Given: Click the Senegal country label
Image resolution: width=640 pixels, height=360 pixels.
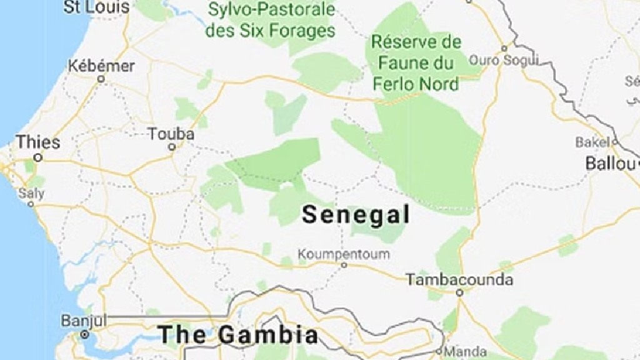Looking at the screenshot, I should (356, 215).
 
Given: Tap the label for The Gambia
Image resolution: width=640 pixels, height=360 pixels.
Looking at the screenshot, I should (237, 334).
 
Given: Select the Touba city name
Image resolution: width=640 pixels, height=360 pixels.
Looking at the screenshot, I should (171, 134).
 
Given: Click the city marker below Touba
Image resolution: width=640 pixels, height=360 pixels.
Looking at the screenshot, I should (172, 147).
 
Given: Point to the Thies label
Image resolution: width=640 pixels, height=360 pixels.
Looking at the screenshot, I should (38, 141).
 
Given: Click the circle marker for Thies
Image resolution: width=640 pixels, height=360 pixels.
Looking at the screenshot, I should (37, 158).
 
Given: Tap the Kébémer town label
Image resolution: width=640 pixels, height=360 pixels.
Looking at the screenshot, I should (101, 66).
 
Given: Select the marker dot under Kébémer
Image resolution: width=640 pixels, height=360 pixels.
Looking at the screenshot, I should (100, 79).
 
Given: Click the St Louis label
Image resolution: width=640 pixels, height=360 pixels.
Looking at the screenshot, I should (97, 7).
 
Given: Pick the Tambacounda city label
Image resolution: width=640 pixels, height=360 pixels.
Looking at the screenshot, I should (459, 279).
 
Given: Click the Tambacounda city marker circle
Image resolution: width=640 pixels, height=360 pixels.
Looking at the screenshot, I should (459, 292).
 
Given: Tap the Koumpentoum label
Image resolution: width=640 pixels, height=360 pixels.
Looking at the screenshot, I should (344, 254).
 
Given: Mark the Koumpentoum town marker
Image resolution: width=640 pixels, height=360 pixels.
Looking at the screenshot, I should (344, 265).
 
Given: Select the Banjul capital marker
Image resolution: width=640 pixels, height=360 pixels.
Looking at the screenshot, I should (84, 335).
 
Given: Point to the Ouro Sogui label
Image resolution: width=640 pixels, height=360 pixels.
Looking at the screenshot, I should (512, 60).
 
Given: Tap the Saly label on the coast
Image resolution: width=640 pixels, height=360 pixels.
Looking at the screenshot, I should (31, 193).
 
